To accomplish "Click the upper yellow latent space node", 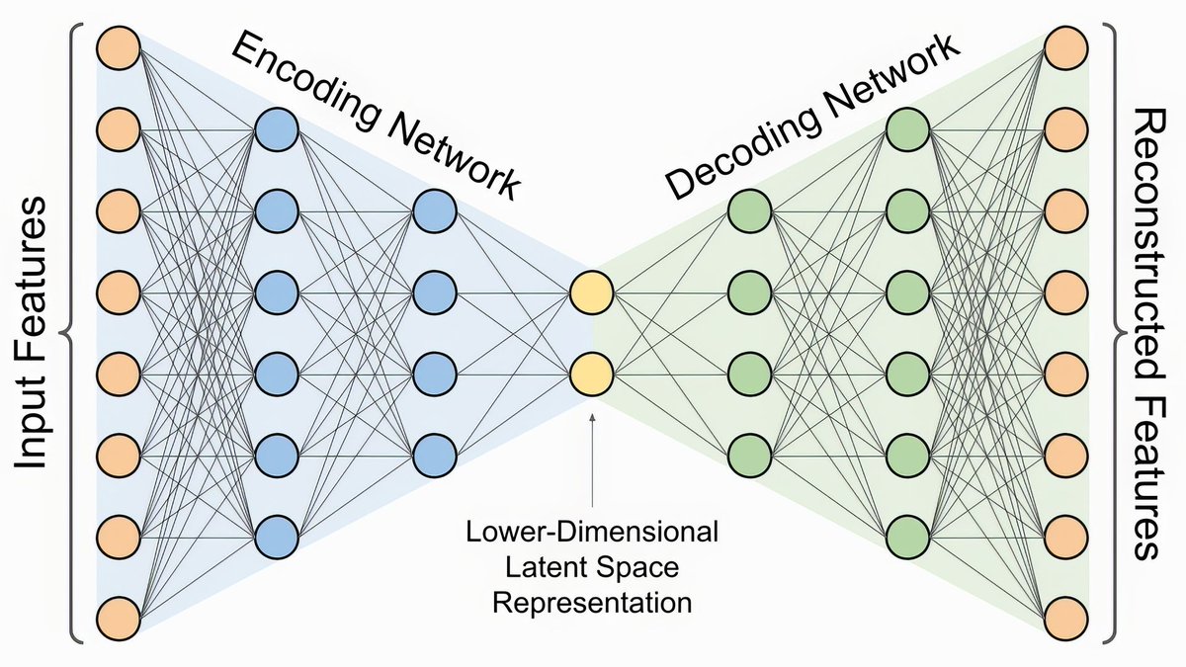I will coord(592,292).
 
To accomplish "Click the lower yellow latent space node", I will coord(592,375).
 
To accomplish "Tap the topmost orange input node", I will coord(119,47).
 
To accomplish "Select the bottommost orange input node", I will coord(119,619).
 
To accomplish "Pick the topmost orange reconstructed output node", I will coord(1066,47).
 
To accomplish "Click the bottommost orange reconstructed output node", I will coord(1066,619).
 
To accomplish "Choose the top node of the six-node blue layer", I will coord(277,128).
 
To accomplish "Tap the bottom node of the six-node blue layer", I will coord(277,538).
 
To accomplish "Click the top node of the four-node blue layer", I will coord(434,210).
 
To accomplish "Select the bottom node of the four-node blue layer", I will coord(434,456).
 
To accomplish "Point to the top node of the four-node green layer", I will coord(749,210).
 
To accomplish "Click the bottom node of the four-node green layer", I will coord(749,456).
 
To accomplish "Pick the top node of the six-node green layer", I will coord(907,128).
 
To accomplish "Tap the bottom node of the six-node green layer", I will coord(907,538).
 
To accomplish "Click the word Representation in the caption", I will coord(592,601).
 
